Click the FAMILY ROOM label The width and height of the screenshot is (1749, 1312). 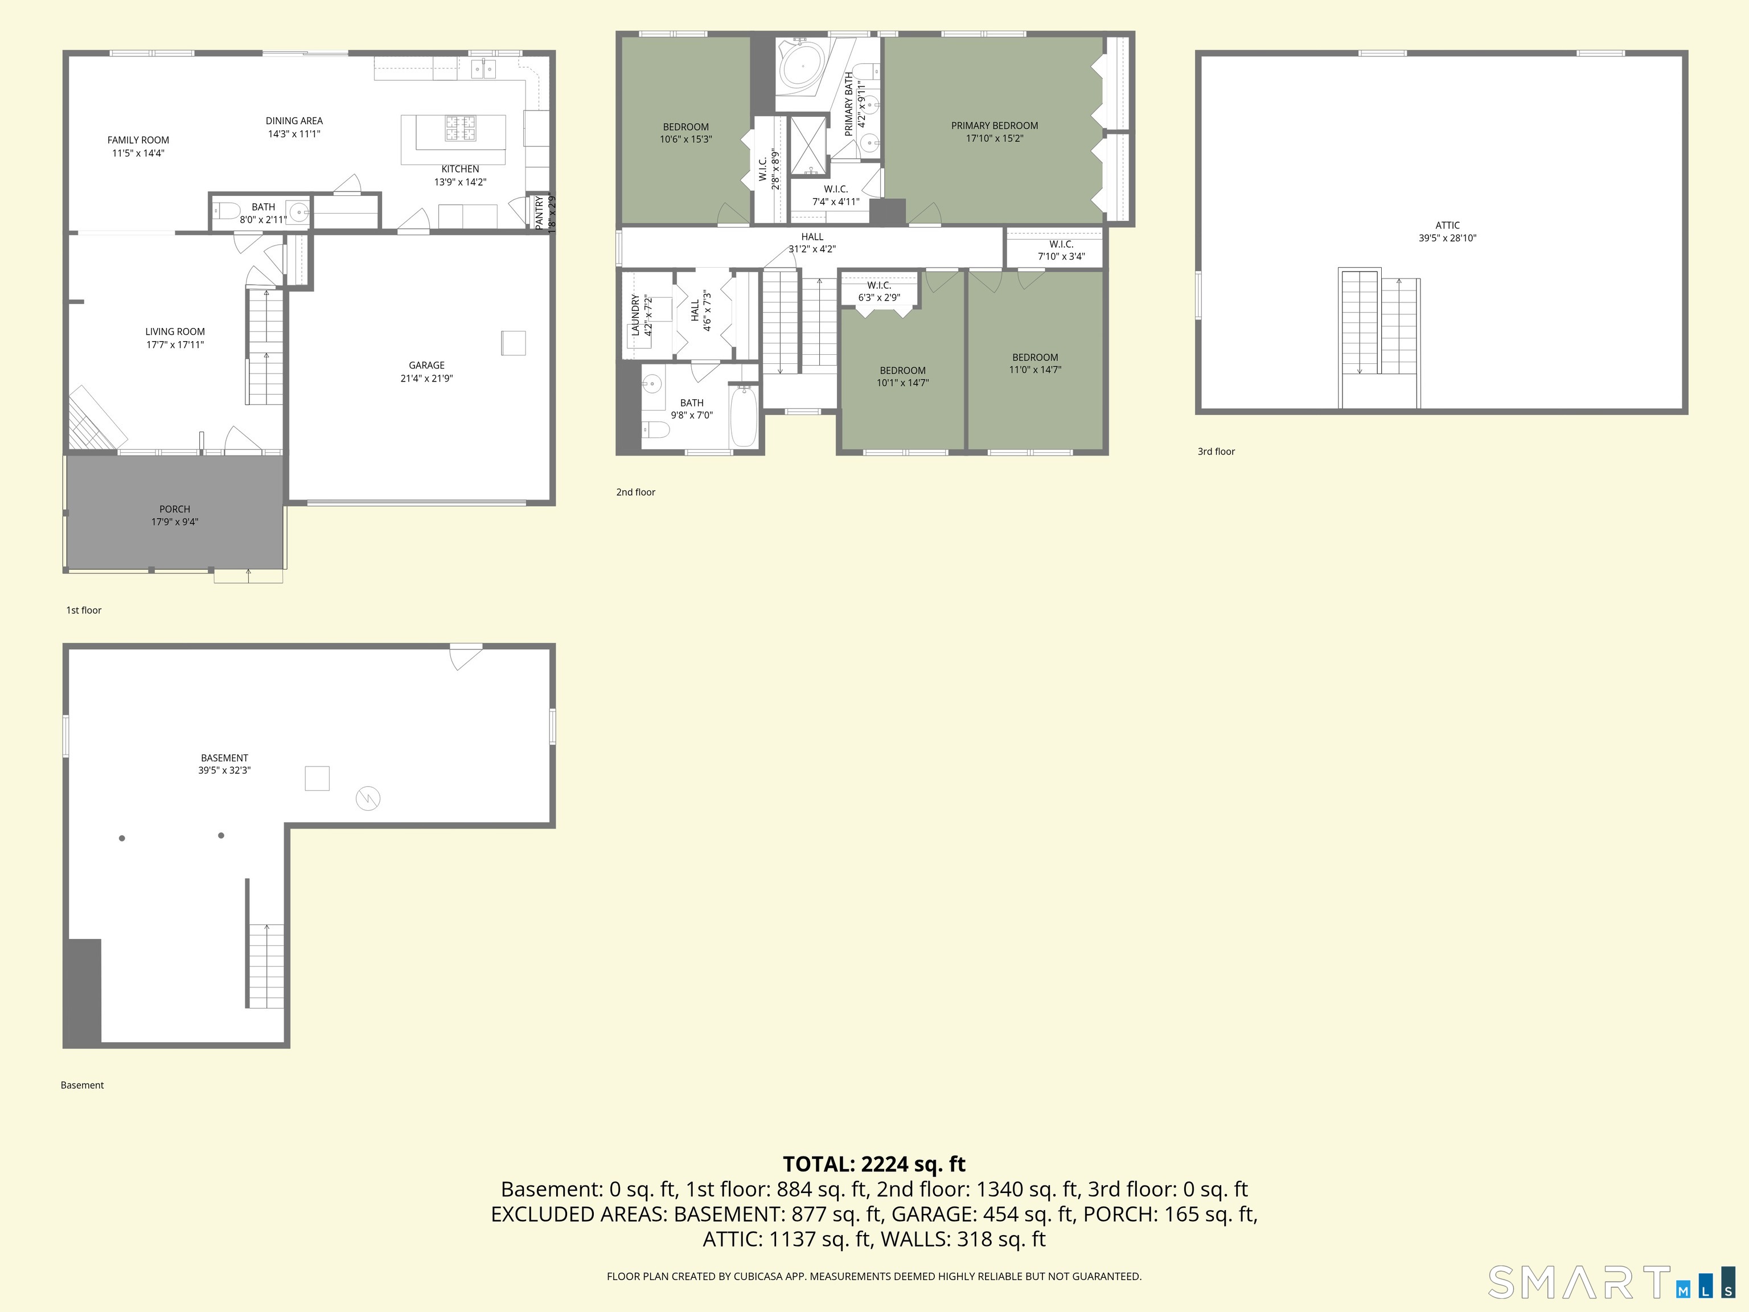point(138,140)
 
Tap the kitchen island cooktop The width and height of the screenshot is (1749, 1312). point(460,128)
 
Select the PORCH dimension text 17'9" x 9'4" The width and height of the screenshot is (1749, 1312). point(175,522)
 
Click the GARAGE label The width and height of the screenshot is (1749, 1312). point(426,366)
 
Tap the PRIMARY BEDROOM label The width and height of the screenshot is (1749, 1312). point(994,126)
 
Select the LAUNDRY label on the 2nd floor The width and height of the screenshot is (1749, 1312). point(635,315)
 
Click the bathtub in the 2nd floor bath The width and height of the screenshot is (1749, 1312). point(743,416)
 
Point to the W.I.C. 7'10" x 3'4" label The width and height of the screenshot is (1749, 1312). point(1061,250)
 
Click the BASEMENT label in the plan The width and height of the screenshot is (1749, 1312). point(224,757)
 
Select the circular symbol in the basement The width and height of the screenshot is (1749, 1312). point(368,799)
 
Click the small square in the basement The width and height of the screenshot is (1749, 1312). point(317,778)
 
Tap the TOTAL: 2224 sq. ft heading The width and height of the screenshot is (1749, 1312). point(874,1164)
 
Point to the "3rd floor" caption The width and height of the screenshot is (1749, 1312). point(1216,452)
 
